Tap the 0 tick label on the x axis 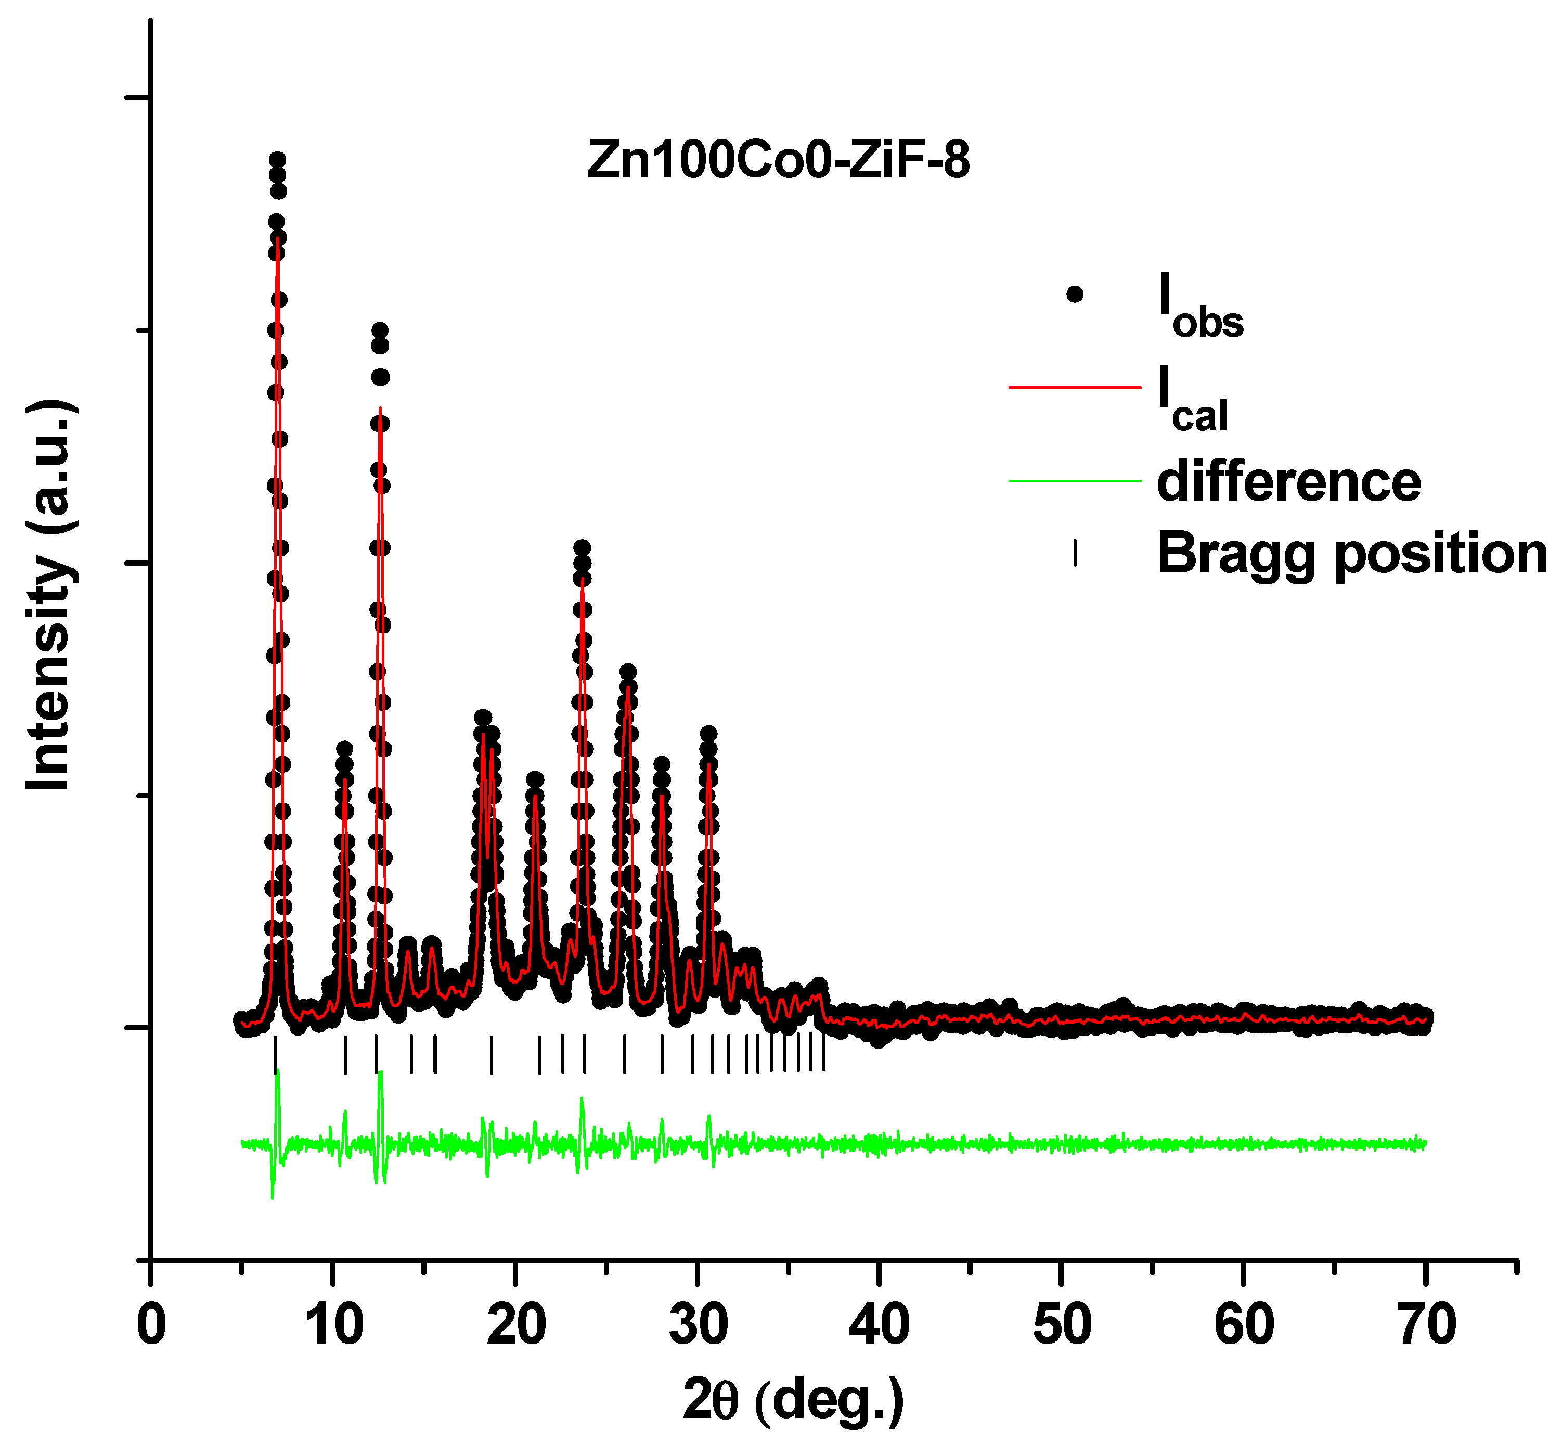pos(151,1325)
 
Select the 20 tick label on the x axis pos(515,1325)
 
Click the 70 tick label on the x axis pos(1426,1325)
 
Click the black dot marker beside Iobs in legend pos(1075,295)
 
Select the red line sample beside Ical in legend pos(1075,387)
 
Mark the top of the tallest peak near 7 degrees pos(277,160)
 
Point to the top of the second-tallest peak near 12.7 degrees pos(380,330)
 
